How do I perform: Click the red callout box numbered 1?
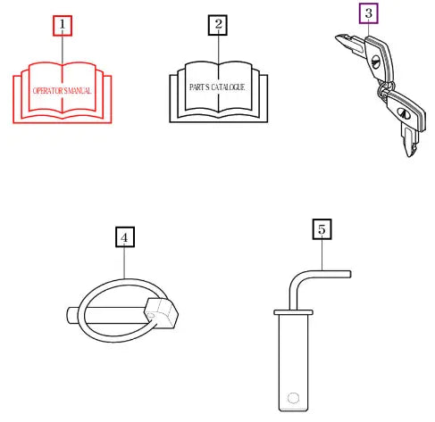(63, 26)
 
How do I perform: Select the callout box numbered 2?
(218, 25)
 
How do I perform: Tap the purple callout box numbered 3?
(369, 13)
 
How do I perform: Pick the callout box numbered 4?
(125, 237)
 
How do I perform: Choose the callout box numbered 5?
(322, 229)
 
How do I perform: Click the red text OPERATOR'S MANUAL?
(62, 91)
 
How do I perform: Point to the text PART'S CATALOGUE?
(217, 87)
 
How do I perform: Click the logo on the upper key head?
(375, 62)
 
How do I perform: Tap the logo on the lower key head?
(404, 112)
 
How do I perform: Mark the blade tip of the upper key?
(337, 38)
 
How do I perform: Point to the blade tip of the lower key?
(409, 154)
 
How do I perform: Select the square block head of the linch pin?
(161, 313)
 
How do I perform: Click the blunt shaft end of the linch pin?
(70, 315)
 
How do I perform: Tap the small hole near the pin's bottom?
(293, 398)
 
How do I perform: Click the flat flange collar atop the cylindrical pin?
(293, 312)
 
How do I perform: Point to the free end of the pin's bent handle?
(349, 274)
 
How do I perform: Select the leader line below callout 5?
(322, 255)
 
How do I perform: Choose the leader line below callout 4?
(124, 263)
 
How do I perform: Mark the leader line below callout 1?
(63, 50)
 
